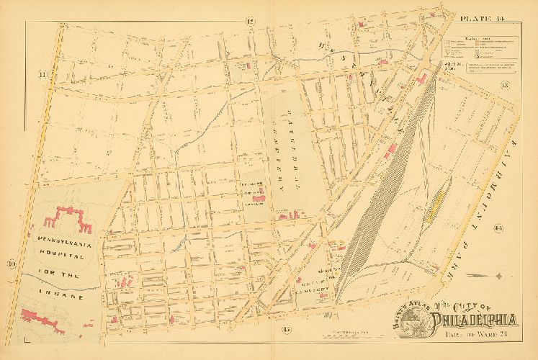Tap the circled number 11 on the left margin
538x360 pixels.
(44, 74)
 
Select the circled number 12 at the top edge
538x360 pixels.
(250, 21)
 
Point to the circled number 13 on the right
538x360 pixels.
(505, 86)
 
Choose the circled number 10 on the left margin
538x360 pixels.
(12, 264)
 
